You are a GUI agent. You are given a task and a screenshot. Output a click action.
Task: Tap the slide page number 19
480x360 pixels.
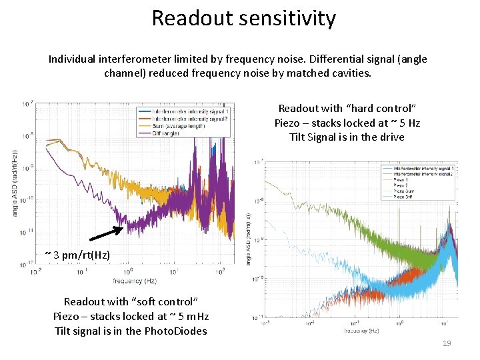(x=447, y=343)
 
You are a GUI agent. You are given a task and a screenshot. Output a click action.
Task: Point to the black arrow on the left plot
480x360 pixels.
(x=106, y=233)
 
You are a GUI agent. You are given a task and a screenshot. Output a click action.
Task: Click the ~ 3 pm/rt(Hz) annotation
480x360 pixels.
(x=77, y=255)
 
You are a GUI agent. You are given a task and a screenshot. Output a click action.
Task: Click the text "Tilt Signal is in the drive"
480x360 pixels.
(x=347, y=137)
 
